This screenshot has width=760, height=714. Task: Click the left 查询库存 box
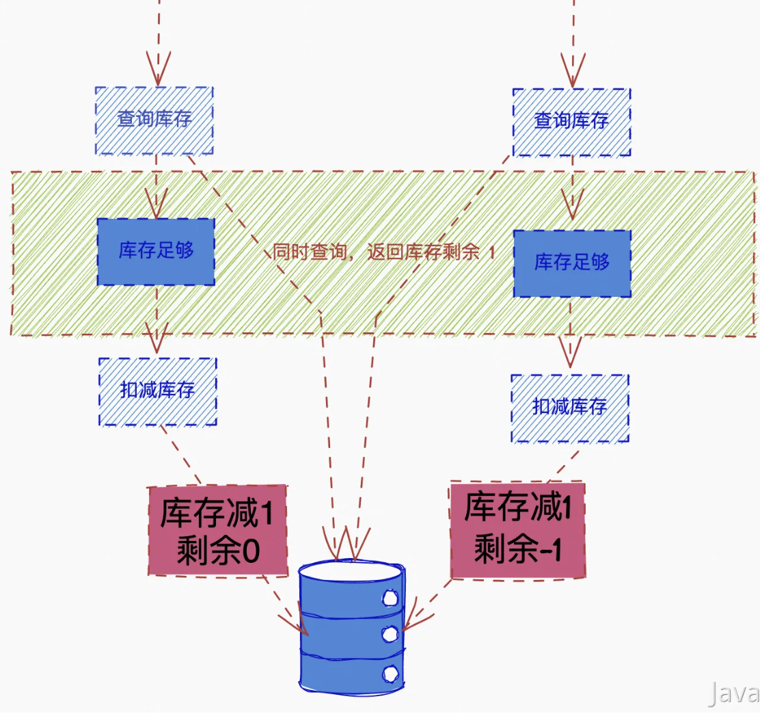pos(154,120)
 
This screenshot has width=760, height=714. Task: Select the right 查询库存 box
pos(571,122)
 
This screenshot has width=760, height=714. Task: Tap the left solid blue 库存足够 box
pos(156,251)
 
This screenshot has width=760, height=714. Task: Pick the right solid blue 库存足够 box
pos(572,263)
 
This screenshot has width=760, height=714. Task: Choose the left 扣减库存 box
pos(157,391)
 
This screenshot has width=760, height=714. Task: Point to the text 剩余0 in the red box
pos(217,551)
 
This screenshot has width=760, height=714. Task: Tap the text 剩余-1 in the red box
pos(517,549)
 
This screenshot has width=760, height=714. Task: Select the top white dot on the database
pos(390,597)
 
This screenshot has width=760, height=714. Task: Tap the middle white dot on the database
pos(390,634)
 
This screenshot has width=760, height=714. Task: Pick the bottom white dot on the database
pos(390,673)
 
